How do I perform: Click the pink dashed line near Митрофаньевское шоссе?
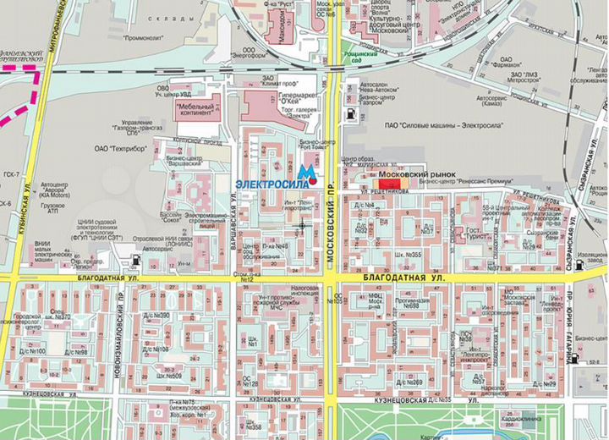point(25,102)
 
